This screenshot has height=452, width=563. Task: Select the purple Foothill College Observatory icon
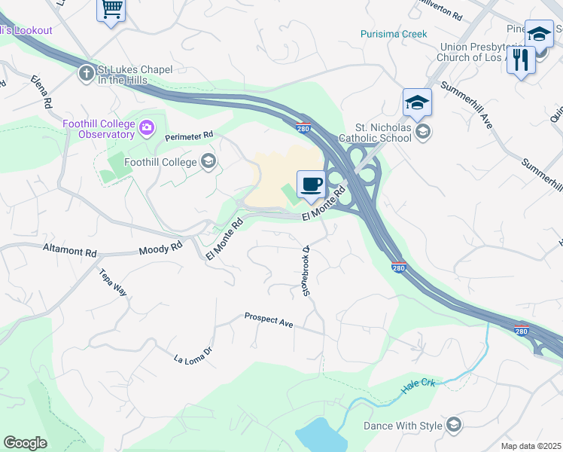pos(147,130)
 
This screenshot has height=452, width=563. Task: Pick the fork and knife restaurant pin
pos(521,59)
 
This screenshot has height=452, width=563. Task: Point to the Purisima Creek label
pos(393,34)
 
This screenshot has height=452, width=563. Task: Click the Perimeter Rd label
pos(190,136)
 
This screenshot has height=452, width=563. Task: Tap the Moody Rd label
pos(161,246)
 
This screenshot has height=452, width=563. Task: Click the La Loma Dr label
pos(194,352)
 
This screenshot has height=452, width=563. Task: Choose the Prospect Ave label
pos(268,320)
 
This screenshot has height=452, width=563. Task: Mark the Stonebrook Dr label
pos(307,270)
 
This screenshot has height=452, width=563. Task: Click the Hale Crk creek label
pos(418,384)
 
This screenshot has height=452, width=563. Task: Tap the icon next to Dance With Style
pos(453,426)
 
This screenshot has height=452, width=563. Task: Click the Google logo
pos(25,443)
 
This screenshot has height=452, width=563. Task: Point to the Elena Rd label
pos(41,90)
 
